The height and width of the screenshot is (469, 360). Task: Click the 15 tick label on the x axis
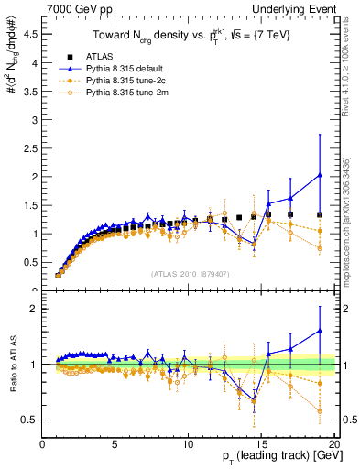(260, 444)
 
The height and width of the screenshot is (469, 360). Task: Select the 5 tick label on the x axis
(115, 444)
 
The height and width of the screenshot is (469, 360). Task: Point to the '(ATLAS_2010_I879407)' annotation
(190, 272)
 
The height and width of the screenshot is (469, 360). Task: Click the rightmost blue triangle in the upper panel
(320, 175)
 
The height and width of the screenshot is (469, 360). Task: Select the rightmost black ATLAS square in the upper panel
(320, 214)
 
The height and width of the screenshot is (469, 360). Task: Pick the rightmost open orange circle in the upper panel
(320, 248)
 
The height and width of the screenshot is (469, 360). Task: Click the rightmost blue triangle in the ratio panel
(320, 331)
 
